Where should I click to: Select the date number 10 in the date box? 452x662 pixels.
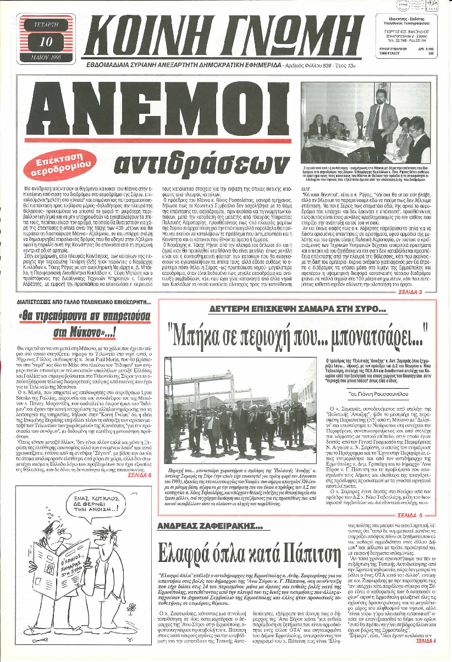click(x=47, y=42)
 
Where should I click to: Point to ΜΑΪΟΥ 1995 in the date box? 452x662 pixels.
click(x=47, y=56)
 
